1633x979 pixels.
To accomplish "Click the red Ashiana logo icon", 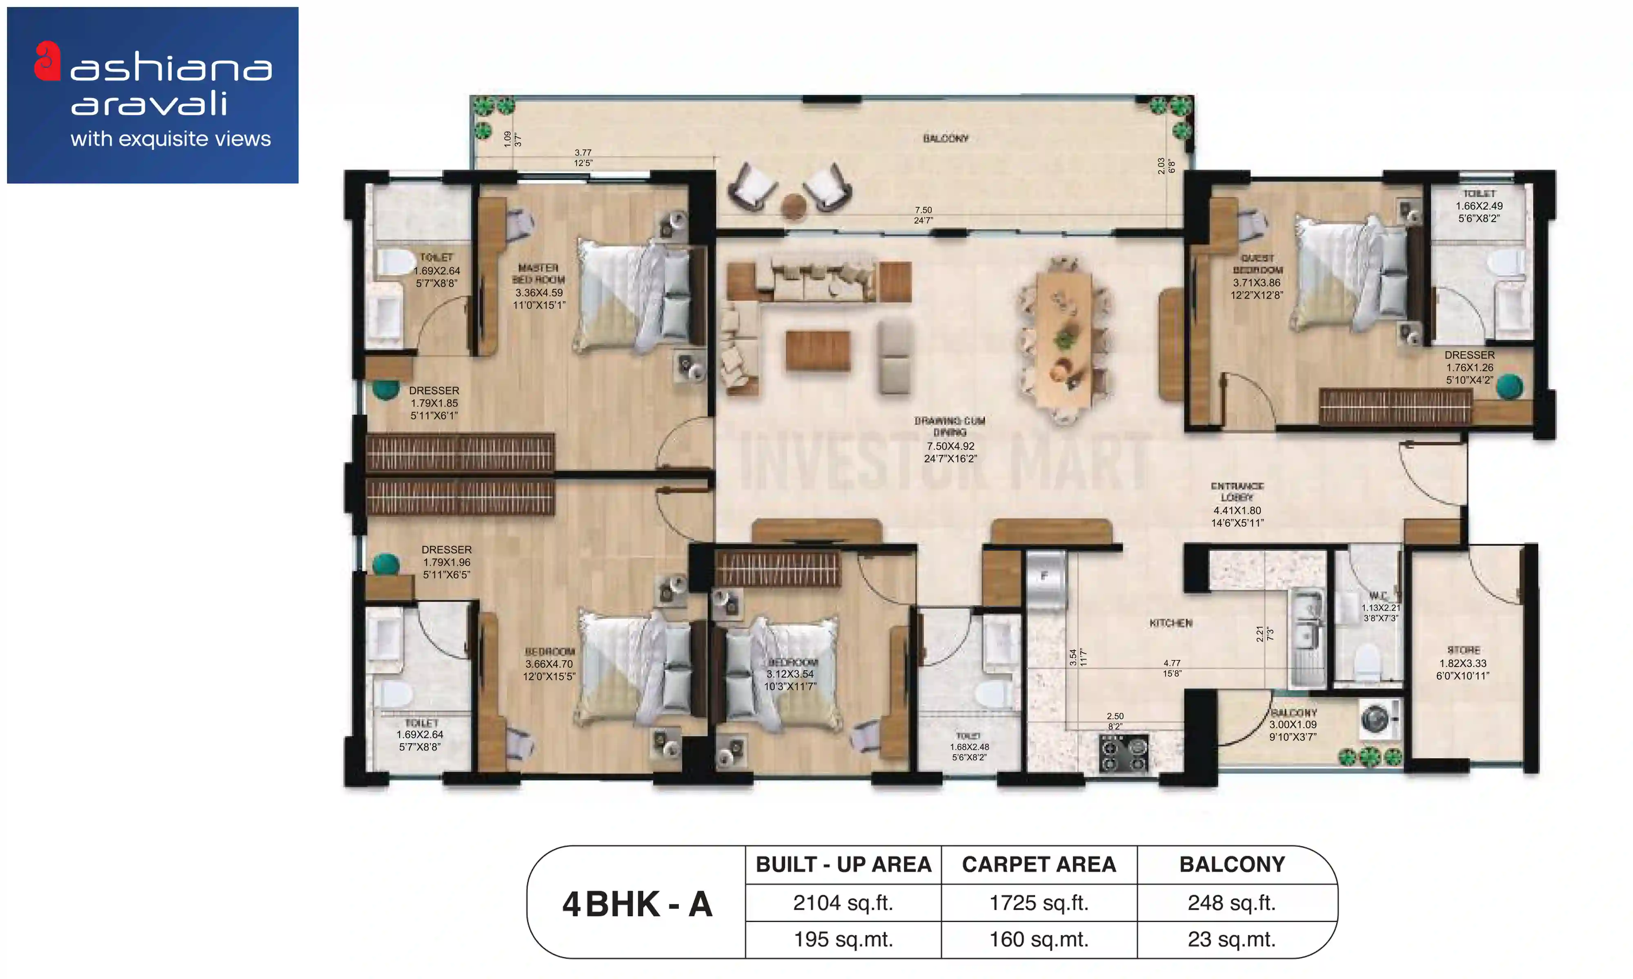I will tap(47, 61).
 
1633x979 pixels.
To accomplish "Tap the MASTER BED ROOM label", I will tap(538, 274).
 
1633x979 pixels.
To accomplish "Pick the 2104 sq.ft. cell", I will tap(843, 902).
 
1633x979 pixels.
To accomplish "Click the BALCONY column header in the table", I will tap(1232, 864).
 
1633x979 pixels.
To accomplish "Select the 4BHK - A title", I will tap(637, 904).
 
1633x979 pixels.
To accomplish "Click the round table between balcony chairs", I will tap(793, 206).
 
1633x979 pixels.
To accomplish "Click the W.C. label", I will tap(1378, 596).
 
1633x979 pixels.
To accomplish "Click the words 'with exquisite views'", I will tap(170, 139).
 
